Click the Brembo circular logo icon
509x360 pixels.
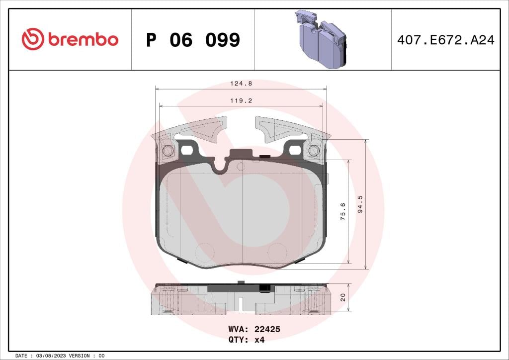pos(33,39)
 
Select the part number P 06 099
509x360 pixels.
pos(193,40)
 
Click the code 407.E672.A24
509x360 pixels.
pos(445,40)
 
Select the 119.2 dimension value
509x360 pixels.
pos(241,100)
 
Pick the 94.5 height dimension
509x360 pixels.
pos(361,204)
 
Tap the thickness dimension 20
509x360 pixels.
pos(343,297)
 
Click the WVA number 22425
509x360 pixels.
pos(268,329)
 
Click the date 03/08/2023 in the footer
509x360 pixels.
pos(51,356)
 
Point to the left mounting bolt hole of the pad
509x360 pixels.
pos(168,151)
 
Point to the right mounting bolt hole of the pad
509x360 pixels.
pos(314,151)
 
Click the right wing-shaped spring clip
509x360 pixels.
pos(278,128)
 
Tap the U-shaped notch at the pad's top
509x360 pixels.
pos(220,168)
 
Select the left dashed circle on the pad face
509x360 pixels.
pos(204,252)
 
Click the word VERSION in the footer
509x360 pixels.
pos(80,356)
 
